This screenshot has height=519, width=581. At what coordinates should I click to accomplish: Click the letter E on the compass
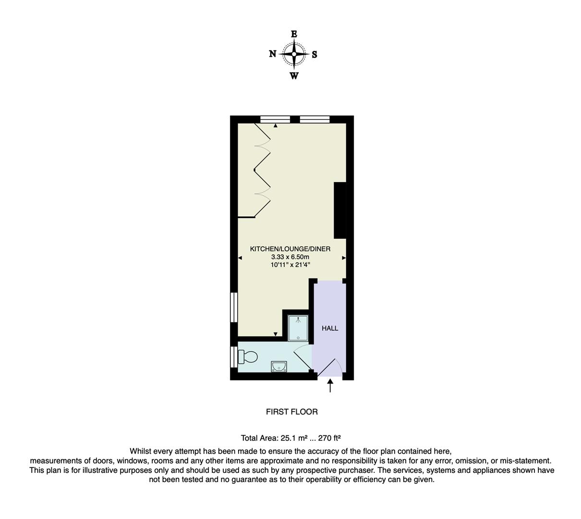tap(294, 34)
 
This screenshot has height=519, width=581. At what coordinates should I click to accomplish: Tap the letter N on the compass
tap(272, 54)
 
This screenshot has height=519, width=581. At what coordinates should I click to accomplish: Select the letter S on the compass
tap(315, 54)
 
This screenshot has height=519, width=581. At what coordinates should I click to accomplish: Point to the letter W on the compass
tap(294, 75)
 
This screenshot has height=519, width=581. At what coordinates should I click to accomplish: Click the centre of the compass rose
tap(294, 54)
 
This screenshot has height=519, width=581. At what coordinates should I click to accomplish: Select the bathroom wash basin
tap(279, 367)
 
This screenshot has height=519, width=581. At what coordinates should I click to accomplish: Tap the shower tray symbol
tap(298, 327)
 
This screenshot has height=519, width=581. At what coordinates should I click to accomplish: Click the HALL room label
tap(330, 328)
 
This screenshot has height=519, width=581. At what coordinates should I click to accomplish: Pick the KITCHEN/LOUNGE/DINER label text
tap(290, 249)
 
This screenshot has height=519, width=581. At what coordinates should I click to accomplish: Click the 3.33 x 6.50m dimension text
tap(290, 257)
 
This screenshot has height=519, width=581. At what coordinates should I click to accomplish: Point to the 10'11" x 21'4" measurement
tap(290, 265)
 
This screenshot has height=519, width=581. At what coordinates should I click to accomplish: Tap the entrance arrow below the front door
tap(330, 385)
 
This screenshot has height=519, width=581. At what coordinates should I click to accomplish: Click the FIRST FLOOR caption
tap(291, 412)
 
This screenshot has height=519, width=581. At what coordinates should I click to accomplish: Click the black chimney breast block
tap(340, 210)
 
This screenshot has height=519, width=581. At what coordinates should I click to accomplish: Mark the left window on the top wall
tap(275, 119)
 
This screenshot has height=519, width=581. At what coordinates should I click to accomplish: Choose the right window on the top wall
tap(315, 119)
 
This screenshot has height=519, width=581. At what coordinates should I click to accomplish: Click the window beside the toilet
tap(233, 357)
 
